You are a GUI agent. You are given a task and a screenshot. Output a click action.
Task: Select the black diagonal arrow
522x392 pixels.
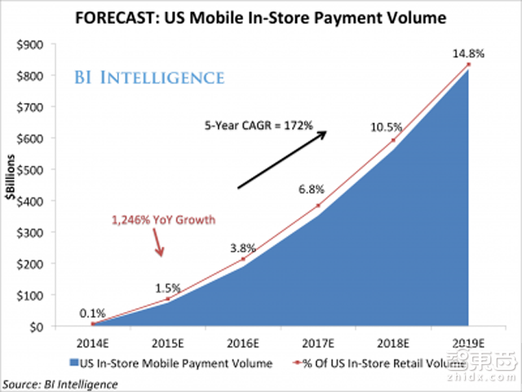click(x=281, y=158)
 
